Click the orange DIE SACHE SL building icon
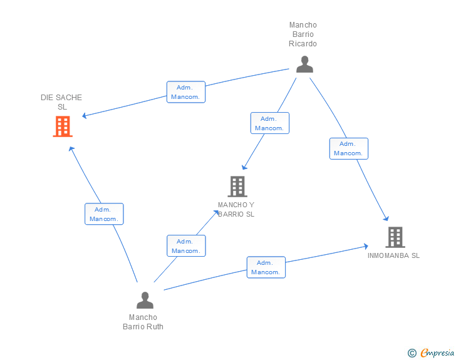(63, 126)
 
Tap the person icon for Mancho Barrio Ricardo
(304, 64)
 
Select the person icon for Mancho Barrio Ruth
(145, 300)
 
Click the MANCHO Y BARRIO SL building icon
(237, 187)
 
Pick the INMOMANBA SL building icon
(395, 237)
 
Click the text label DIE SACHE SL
(61, 102)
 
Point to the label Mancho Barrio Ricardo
(303, 34)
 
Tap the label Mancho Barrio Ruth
(143, 322)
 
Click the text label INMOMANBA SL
(393, 255)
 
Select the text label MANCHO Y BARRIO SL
(236, 209)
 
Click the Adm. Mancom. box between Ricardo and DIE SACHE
(186, 92)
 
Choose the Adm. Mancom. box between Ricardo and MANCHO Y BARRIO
(270, 123)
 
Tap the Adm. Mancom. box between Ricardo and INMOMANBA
(349, 148)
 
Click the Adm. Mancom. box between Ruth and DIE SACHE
(104, 214)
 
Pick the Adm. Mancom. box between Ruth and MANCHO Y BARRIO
(186, 245)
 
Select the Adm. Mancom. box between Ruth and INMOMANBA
(266, 267)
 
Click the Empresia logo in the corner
(437, 352)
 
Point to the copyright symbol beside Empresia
(412, 353)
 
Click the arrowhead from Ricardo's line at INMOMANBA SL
(386, 219)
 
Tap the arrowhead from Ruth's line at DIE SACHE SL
(71, 149)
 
